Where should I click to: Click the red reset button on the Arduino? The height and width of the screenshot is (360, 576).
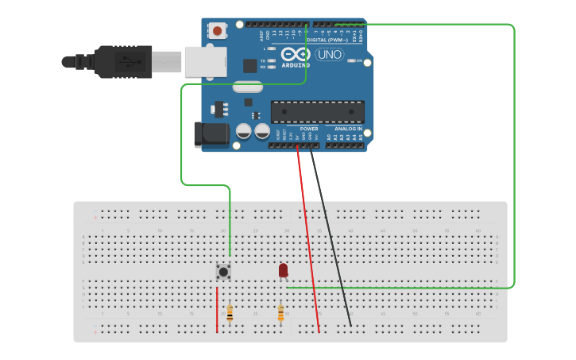(x=217, y=31)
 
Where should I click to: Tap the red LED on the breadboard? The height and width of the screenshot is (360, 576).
(x=283, y=270)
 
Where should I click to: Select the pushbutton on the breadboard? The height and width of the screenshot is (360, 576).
(x=224, y=272)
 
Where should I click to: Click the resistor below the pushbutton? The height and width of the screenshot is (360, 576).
(x=230, y=314)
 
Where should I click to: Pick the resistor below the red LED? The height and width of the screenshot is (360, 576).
(x=280, y=314)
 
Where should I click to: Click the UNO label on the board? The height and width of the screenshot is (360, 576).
(x=330, y=55)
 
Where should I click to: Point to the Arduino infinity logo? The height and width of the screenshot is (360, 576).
(x=294, y=53)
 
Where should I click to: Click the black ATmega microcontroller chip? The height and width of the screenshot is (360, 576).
(x=318, y=112)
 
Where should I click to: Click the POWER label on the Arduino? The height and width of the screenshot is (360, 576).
(x=309, y=128)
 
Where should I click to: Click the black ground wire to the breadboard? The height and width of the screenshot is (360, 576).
(x=331, y=238)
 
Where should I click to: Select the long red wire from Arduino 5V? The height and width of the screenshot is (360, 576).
(x=308, y=238)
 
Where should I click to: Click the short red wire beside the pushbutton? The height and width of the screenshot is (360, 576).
(x=217, y=310)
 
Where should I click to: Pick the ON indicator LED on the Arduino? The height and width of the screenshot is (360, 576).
(x=350, y=60)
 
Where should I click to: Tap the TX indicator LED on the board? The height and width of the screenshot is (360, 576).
(x=272, y=60)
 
